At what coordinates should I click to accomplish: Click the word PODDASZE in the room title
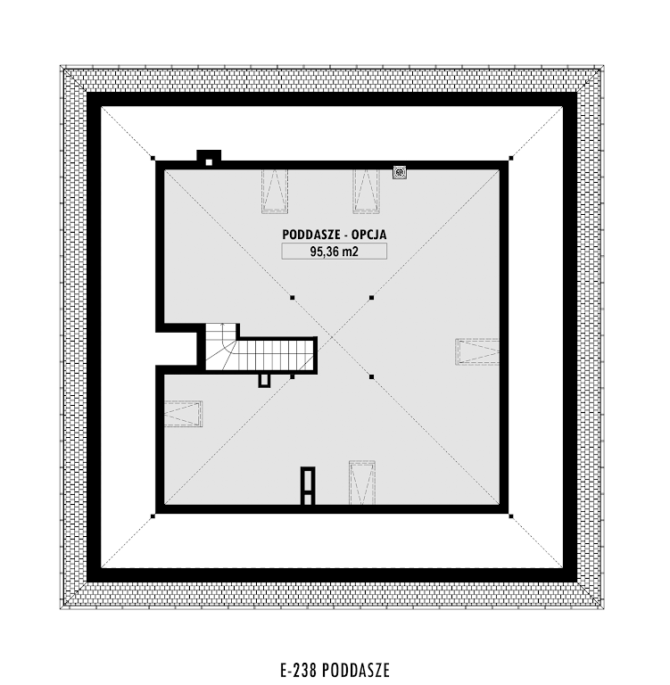310,235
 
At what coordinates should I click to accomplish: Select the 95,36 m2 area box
334,252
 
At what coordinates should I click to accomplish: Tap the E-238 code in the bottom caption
299,670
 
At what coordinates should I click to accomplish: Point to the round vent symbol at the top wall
399,172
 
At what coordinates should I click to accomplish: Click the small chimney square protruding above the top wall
209,158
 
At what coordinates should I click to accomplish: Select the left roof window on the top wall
275,191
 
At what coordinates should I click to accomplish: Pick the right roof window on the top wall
367,191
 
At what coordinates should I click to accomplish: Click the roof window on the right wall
477,351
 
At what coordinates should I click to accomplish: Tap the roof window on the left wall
183,414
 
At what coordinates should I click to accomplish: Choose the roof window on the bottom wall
362,483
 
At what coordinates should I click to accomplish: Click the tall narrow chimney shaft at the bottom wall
308,486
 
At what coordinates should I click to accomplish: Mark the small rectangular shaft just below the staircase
263,380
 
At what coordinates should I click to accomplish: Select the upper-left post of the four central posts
293,298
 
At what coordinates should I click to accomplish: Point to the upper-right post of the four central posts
371,298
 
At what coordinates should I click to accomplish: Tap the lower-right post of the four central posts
371,376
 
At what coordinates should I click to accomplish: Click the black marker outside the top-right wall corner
511,158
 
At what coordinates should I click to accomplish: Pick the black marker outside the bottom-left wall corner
153,516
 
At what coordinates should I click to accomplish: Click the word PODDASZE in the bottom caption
357,670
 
